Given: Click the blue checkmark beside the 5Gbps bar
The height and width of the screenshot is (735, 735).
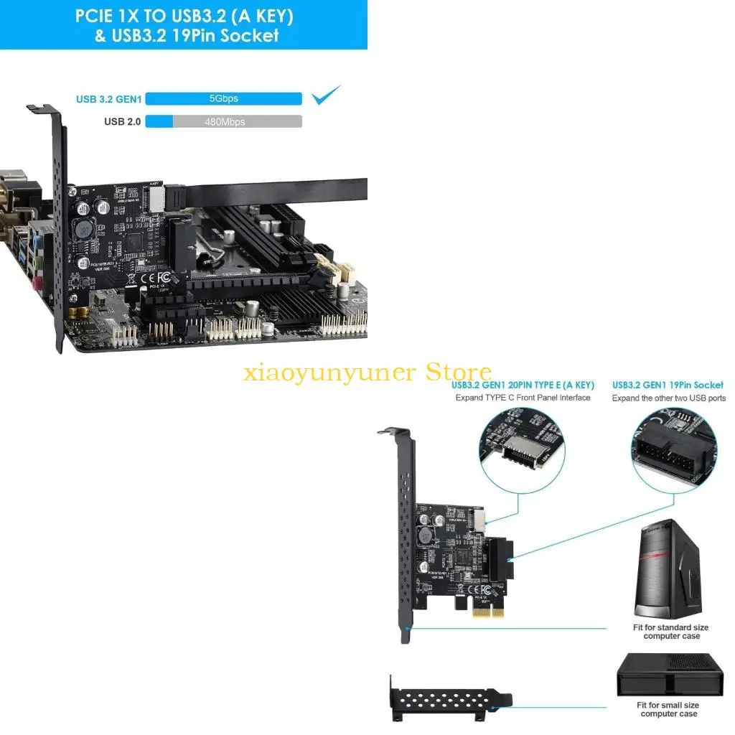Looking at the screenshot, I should click(x=326, y=95).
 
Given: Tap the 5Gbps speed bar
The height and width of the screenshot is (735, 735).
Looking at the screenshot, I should click(x=223, y=98).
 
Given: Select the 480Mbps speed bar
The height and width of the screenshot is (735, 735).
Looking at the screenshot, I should click(x=223, y=122).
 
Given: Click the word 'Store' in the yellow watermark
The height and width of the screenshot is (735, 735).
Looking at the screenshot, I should click(x=458, y=373).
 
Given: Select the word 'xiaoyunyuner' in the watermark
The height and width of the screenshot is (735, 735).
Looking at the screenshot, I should click(x=329, y=374).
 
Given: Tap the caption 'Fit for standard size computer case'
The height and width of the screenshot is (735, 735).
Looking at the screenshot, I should click(x=671, y=632).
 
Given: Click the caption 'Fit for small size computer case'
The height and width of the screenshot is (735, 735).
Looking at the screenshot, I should click(x=668, y=709).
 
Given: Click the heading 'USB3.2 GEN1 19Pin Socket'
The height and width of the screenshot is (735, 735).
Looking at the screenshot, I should click(x=668, y=385).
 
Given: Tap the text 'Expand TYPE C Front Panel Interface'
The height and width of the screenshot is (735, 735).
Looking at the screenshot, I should click(x=523, y=398).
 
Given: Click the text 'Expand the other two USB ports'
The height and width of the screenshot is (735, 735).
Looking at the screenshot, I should click(x=668, y=398).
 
